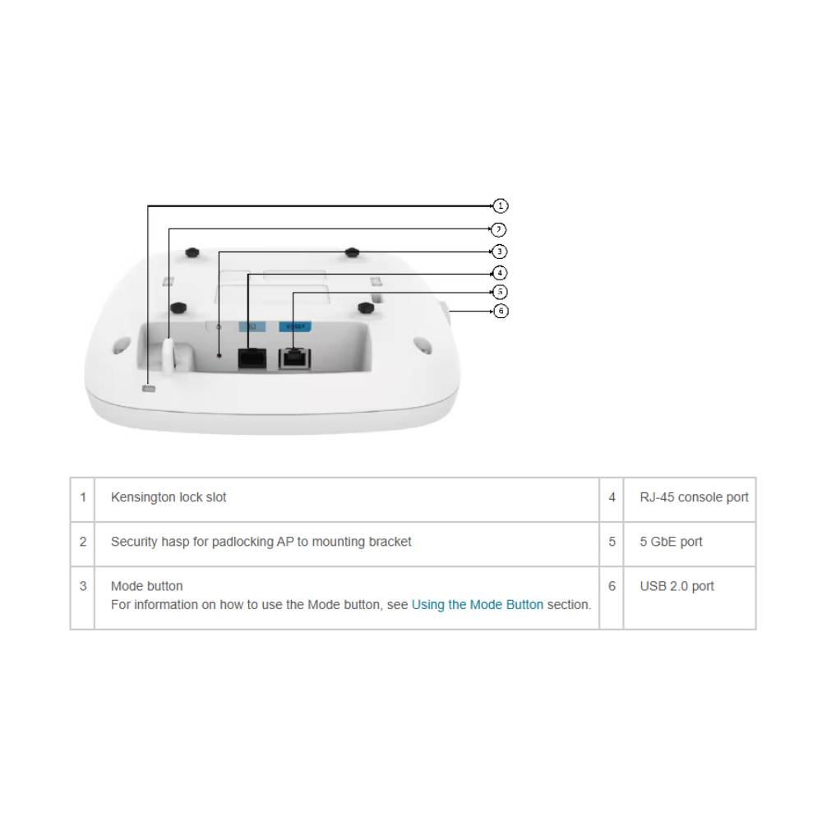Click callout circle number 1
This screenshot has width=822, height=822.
click(501, 205)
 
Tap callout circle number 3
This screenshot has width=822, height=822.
click(499, 252)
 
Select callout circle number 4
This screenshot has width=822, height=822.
click(499, 273)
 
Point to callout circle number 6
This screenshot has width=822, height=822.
click(501, 311)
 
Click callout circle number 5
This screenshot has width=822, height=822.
click(500, 292)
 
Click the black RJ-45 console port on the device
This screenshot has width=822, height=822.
click(251, 359)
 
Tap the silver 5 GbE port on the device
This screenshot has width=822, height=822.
click(293, 358)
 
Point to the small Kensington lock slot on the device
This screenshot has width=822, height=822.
click(149, 388)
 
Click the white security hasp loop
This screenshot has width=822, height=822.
click(169, 355)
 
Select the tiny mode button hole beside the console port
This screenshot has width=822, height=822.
click(219, 355)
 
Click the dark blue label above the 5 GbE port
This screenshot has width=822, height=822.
click(293, 326)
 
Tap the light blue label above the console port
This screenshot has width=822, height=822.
click(252, 326)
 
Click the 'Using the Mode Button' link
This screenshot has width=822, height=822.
click(477, 605)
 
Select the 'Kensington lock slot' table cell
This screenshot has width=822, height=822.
click(169, 497)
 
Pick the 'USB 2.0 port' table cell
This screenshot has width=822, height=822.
click(677, 587)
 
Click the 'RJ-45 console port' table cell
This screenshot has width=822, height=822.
click(694, 497)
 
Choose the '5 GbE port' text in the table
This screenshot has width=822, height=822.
click(671, 543)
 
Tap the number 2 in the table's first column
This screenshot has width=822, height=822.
click(82, 543)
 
